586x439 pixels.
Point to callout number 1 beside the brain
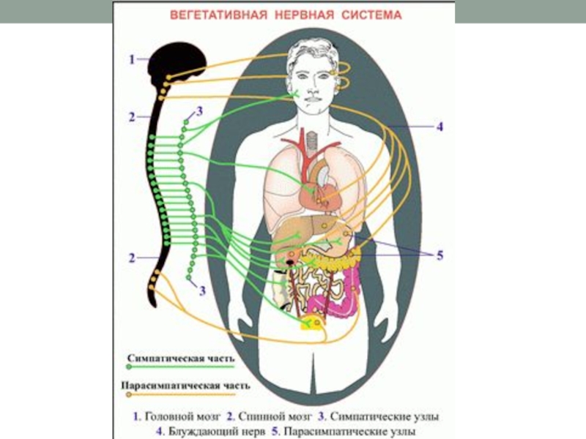coord(132,61)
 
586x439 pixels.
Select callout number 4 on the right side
coord(439,127)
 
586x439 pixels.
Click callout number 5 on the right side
coord(439,255)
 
